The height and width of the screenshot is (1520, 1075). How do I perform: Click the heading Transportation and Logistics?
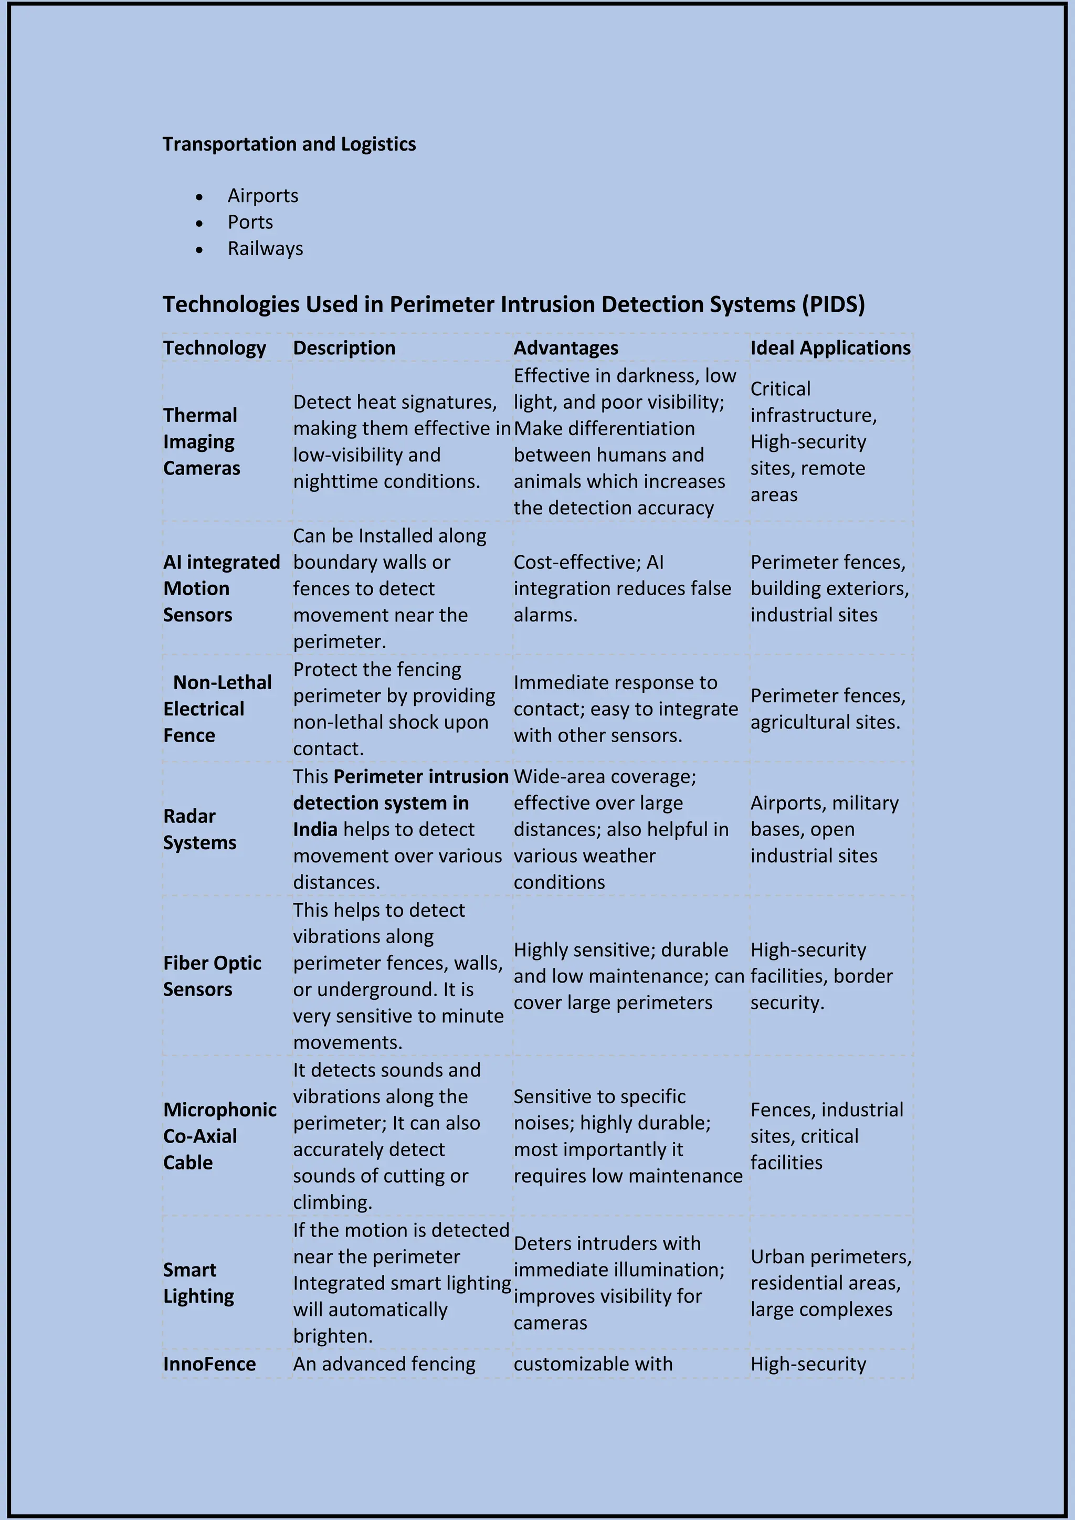[289, 144]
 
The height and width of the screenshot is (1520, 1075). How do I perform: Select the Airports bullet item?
[263, 196]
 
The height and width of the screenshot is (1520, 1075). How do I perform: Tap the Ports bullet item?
[250, 223]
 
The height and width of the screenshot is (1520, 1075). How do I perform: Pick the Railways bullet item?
[266, 249]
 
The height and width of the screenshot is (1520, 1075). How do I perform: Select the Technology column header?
[215, 348]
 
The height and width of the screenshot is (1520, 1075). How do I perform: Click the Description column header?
[344, 348]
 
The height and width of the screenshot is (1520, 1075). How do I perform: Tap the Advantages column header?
[566, 348]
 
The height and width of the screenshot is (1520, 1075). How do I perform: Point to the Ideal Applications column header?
[830, 348]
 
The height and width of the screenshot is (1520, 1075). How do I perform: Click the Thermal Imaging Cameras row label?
[202, 441]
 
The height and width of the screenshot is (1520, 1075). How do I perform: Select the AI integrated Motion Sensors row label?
[221, 588]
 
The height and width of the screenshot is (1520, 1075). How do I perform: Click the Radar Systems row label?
[199, 829]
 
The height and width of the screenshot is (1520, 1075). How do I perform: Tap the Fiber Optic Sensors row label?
[212, 976]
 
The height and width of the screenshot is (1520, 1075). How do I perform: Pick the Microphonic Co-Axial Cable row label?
[220, 1136]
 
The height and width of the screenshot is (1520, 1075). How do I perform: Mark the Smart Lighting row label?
[198, 1283]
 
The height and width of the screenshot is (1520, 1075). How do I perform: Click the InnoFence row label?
[209, 1364]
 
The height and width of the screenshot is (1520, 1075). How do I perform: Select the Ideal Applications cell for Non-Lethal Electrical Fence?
[827, 709]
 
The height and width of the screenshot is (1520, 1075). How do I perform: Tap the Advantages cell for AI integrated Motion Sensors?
[622, 588]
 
